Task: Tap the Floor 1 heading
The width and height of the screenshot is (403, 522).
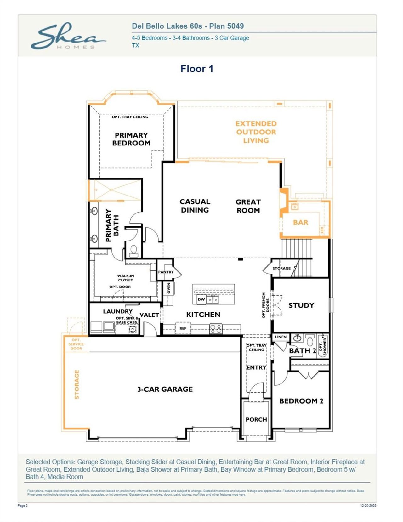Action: pyautogui.click(x=197, y=69)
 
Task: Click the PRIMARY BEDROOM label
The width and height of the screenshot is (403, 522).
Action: pyautogui.click(x=131, y=139)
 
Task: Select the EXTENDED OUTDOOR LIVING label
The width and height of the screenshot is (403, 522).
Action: pyautogui.click(x=256, y=132)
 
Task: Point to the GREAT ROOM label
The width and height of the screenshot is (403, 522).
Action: pyautogui.click(x=248, y=206)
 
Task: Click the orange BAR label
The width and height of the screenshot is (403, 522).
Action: pyautogui.click(x=300, y=223)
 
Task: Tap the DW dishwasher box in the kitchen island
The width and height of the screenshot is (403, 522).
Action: pyautogui.click(x=201, y=299)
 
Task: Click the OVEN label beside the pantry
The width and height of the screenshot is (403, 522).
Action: pyautogui.click(x=169, y=288)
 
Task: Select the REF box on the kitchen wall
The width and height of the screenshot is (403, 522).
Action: pyautogui.click(x=183, y=328)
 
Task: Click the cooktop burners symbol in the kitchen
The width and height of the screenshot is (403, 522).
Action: pyautogui.click(x=216, y=329)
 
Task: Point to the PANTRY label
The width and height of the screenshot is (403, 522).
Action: pyautogui.click(x=166, y=272)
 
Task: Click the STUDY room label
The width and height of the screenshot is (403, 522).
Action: pyautogui.click(x=301, y=305)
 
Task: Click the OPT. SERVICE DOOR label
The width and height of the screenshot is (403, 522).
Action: pyautogui.click(x=76, y=344)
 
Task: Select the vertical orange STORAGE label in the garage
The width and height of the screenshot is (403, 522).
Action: pyautogui.click(x=77, y=384)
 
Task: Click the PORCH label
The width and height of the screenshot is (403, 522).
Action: pyautogui.click(x=256, y=419)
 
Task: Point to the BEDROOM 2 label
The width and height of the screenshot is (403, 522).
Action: pyautogui.click(x=301, y=401)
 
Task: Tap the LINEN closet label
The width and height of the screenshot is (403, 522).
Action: pyautogui.click(x=281, y=337)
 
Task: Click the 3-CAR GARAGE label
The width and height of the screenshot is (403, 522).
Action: pyautogui.click(x=165, y=389)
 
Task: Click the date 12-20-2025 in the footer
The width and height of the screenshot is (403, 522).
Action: pyautogui.click(x=368, y=506)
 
